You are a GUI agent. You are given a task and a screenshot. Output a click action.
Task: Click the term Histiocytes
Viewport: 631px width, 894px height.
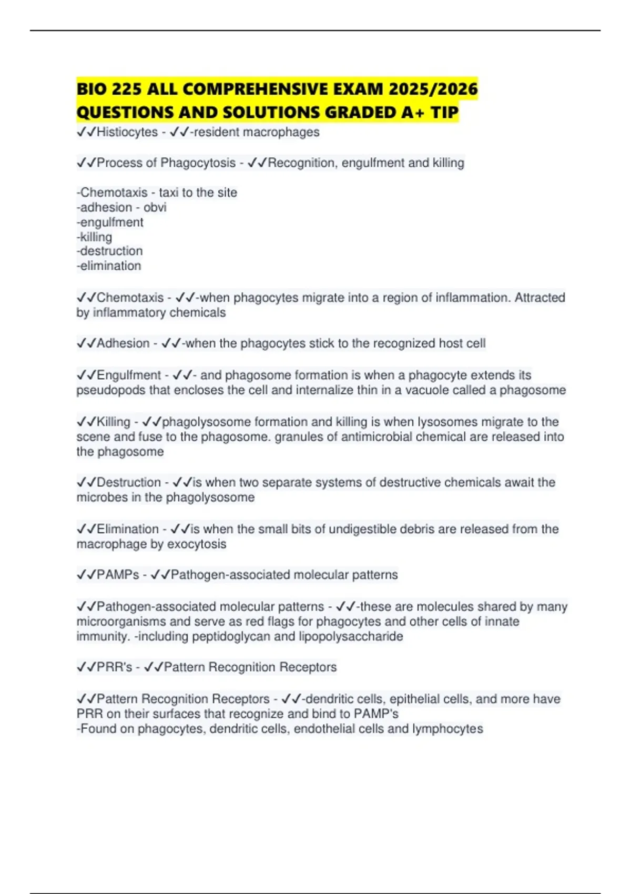click(x=127, y=132)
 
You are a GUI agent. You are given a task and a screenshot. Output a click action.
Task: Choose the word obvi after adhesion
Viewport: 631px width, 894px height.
click(x=155, y=207)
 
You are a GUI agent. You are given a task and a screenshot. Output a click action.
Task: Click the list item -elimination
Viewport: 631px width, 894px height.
click(x=109, y=266)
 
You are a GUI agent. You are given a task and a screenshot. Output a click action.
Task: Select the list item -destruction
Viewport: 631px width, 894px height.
click(x=109, y=251)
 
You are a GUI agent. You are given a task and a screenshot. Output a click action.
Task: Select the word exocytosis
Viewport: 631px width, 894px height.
click(x=196, y=544)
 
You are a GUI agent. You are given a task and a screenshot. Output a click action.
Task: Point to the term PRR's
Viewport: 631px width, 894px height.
click(x=114, y=667)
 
